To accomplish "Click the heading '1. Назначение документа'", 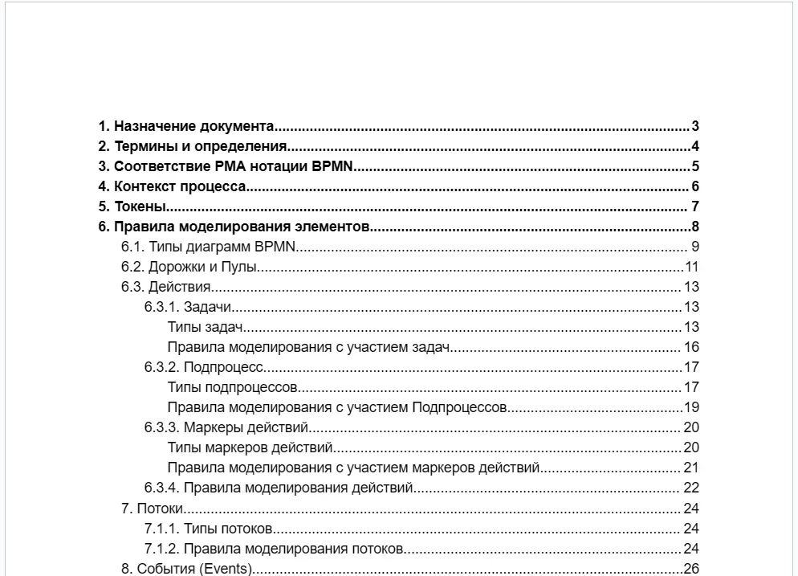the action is (186, 127).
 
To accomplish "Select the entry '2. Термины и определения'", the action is (193, 147).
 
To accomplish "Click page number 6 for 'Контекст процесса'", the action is (695, 187).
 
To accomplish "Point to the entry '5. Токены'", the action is (127, 207).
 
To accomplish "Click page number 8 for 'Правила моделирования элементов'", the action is (695, 227).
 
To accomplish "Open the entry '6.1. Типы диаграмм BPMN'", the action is (210, 247).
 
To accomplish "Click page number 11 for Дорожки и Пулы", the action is (692, 267).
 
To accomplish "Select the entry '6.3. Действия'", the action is (165, 287).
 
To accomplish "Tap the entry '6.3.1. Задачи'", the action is (188, 307).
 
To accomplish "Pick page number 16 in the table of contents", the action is (691, 347).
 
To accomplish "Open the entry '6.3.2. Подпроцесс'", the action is (204, 368).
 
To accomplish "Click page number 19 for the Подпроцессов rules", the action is (691, 407).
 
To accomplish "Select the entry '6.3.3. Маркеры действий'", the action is (226, 427).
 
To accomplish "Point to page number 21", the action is (691, 468).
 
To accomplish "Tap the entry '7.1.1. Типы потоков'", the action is (209, 528).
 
